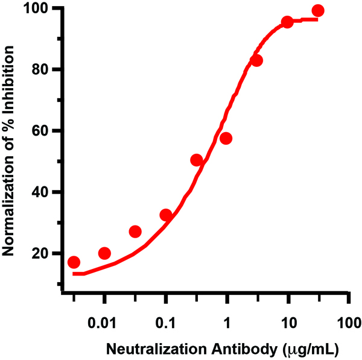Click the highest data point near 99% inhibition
318,11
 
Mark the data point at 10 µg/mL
287,22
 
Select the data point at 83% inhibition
256,60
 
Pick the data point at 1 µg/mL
226,139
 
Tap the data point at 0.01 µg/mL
104,253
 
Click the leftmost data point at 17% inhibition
74,262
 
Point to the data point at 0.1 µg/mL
166,215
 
